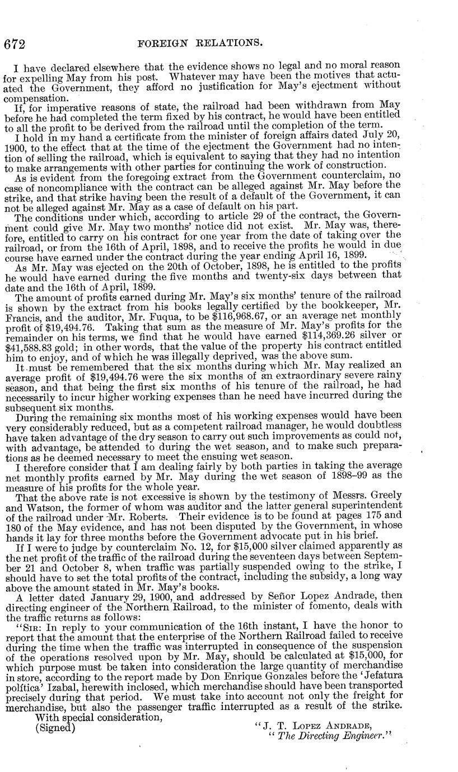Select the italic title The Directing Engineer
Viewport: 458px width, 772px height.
pos(328,736)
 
